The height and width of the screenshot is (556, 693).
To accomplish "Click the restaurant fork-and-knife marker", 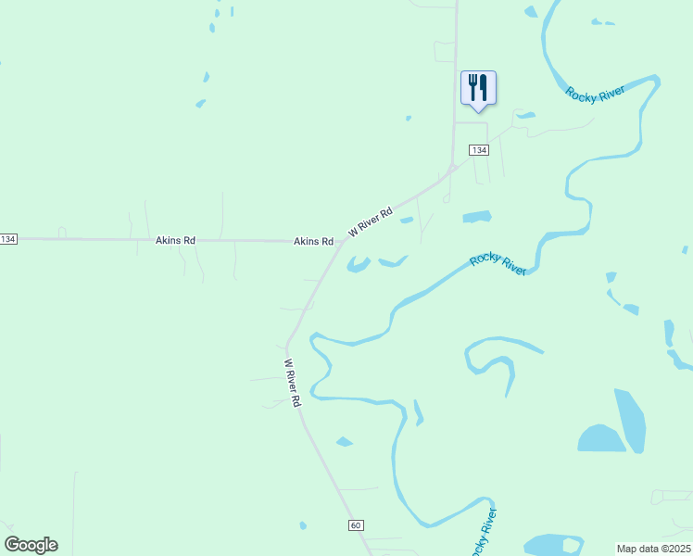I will [478, 88].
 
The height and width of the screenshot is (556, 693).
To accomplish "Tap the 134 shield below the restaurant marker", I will [478, 150].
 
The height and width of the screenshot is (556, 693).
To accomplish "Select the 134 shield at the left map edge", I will [8, 239].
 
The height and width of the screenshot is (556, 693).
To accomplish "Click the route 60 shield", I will [356, 525].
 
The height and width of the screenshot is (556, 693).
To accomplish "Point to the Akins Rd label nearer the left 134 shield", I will [175, 241].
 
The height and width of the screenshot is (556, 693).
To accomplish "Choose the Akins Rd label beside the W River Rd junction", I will [313, 241].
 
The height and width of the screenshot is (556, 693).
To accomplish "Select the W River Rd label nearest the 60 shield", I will [293, 384].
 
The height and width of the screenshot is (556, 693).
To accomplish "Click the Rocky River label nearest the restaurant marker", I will [596, 92].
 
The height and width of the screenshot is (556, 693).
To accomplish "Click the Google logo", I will [31, 545].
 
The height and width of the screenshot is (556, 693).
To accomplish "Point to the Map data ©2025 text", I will [654, 549].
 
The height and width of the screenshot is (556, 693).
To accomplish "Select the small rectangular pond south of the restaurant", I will [476, 218].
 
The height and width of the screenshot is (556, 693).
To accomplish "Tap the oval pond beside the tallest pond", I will [600, 438].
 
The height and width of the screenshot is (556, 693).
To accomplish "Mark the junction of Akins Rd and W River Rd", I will [341, 243].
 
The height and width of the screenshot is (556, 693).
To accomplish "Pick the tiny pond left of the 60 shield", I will [303, 525].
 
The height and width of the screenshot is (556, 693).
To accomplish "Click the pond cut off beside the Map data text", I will [553, 545].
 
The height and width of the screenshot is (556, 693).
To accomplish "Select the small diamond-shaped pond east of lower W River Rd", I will [344, 441].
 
